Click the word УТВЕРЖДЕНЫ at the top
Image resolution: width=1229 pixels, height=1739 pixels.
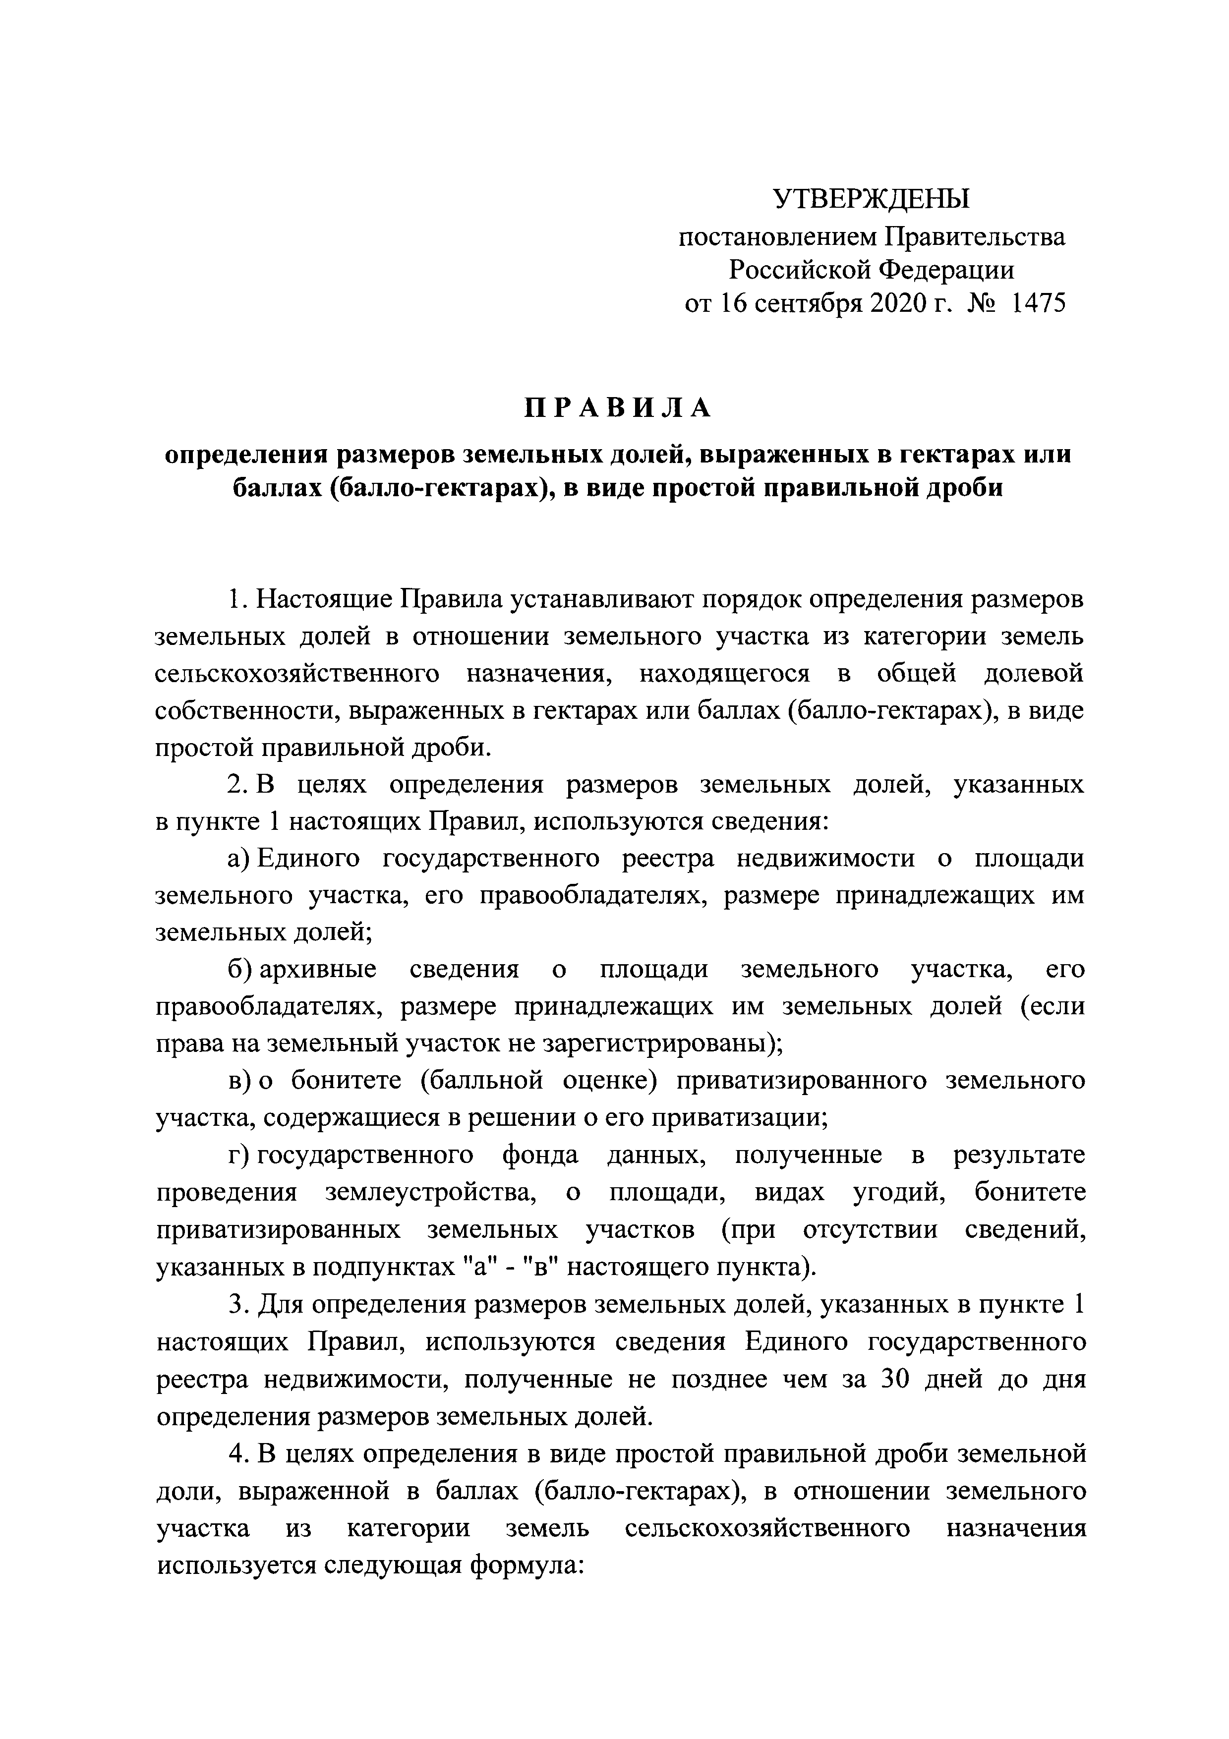(x=871, y=200)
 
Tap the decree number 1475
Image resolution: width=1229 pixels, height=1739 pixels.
(x=1038, y=304)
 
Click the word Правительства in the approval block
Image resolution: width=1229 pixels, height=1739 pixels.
(x=975, y=236)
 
